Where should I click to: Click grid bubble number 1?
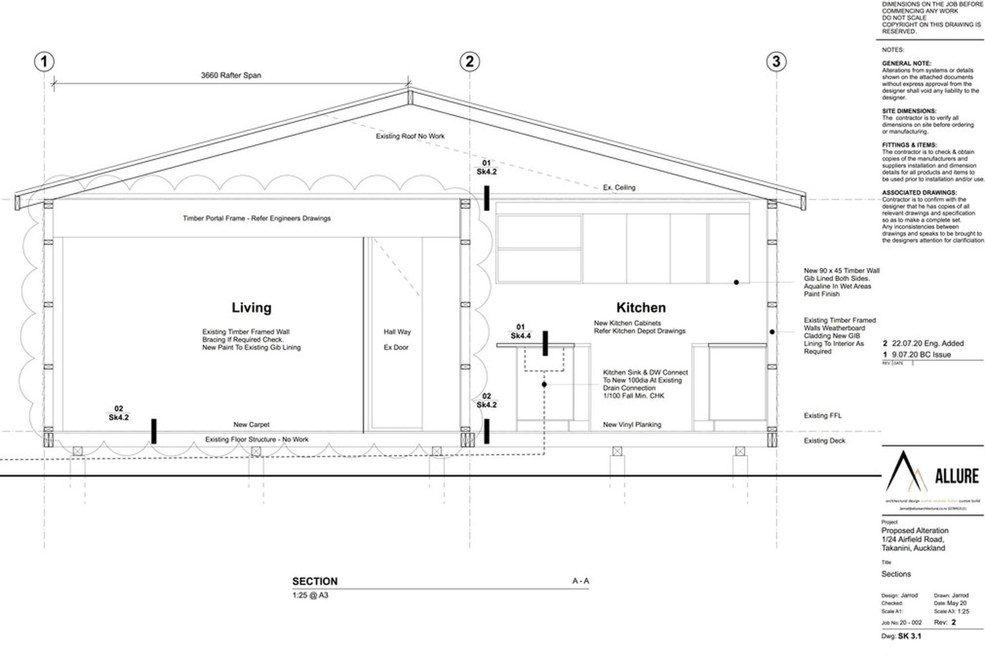pos(44,62)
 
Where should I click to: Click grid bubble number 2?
pos(469,62)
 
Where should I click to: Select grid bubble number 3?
pos(776,62)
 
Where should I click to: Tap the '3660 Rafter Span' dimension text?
pos(231,75)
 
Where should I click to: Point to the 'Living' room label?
pos(251,307)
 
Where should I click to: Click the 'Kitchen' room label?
pos(641,307)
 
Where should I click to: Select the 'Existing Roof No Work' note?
pos(410,136)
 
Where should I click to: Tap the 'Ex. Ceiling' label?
pos(619,188)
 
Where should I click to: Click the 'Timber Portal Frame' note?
pos(257,218)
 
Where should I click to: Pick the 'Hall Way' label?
pos(397,332)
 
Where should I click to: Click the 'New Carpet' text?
pos(251,425)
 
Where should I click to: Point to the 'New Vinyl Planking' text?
pos(632,425)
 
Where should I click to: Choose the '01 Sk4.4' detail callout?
pos(521,332)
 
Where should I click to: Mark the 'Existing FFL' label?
pos(822,416)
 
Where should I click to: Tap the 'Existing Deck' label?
pos(824,441)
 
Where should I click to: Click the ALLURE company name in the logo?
pos(957,476)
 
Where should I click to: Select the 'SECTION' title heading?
pos(315,582)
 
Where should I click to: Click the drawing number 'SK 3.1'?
pos(910,637)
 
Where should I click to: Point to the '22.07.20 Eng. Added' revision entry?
pos(928,343)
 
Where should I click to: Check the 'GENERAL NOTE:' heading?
pos(907,64)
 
